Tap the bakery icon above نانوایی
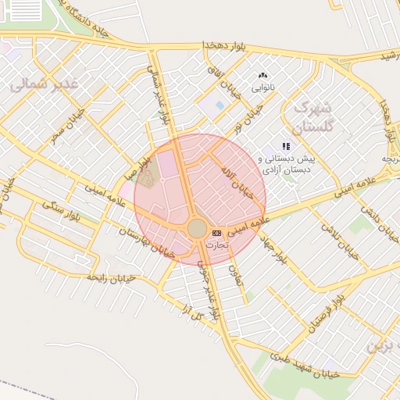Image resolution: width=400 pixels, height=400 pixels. click(262, 76)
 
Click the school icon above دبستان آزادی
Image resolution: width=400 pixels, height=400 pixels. click(287, 146)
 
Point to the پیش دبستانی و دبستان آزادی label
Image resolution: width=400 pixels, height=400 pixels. click(287, 162)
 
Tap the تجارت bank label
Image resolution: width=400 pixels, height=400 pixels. click(216, 245)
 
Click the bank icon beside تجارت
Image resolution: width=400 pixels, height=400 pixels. click(216, 233)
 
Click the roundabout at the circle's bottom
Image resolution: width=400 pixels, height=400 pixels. click(197, 229)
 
